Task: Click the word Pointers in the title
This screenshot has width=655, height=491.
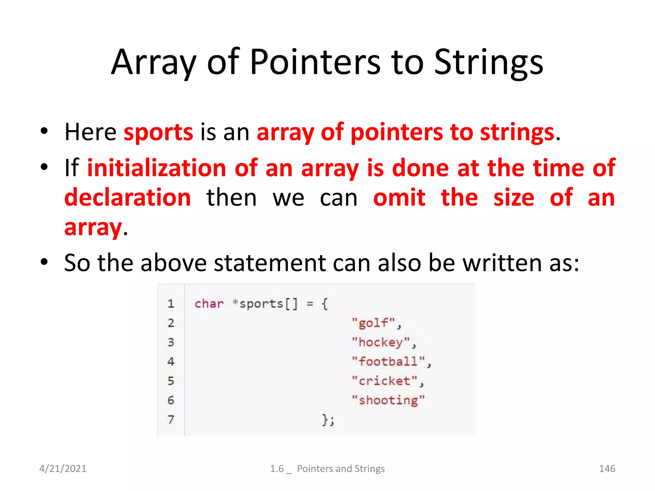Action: pyautogui.click(x=315, y=62)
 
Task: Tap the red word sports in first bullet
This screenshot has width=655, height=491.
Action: pyautogui.click(x=158, y=132)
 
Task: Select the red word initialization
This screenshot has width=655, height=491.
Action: pyautogui.click(x=157, y=168)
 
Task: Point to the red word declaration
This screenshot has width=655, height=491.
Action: pyautogui.click(x=128, y=198)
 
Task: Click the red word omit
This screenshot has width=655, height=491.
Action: pyautogui.click(x=399, y=198)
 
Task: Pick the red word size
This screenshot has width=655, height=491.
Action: pyautogui.click(x=513, y=198)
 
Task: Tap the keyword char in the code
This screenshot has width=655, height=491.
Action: pyautogui.click(x=209, y=303)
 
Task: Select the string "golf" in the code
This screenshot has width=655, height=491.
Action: pyautogui.click(x=373, y=323)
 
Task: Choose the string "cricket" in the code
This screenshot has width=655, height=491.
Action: pyautogui.click(x=384, y=381)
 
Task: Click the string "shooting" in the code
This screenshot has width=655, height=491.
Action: pyautogui.click(x=388, y=400)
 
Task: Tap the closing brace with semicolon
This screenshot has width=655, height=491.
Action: pyautogui.click(x=328, y=419)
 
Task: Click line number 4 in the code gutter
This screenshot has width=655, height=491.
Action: pyautogui.click(x=171, y=362)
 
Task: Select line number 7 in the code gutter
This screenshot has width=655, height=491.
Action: pyautogui.click(x=171, y=419)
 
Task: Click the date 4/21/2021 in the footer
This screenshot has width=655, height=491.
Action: pyautogui.click(x=63, y=469)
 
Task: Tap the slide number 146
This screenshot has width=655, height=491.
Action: pyautogui.click(x=607, y=469)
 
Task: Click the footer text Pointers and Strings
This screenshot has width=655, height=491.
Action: pyautogui.click(x=341, y=469)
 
